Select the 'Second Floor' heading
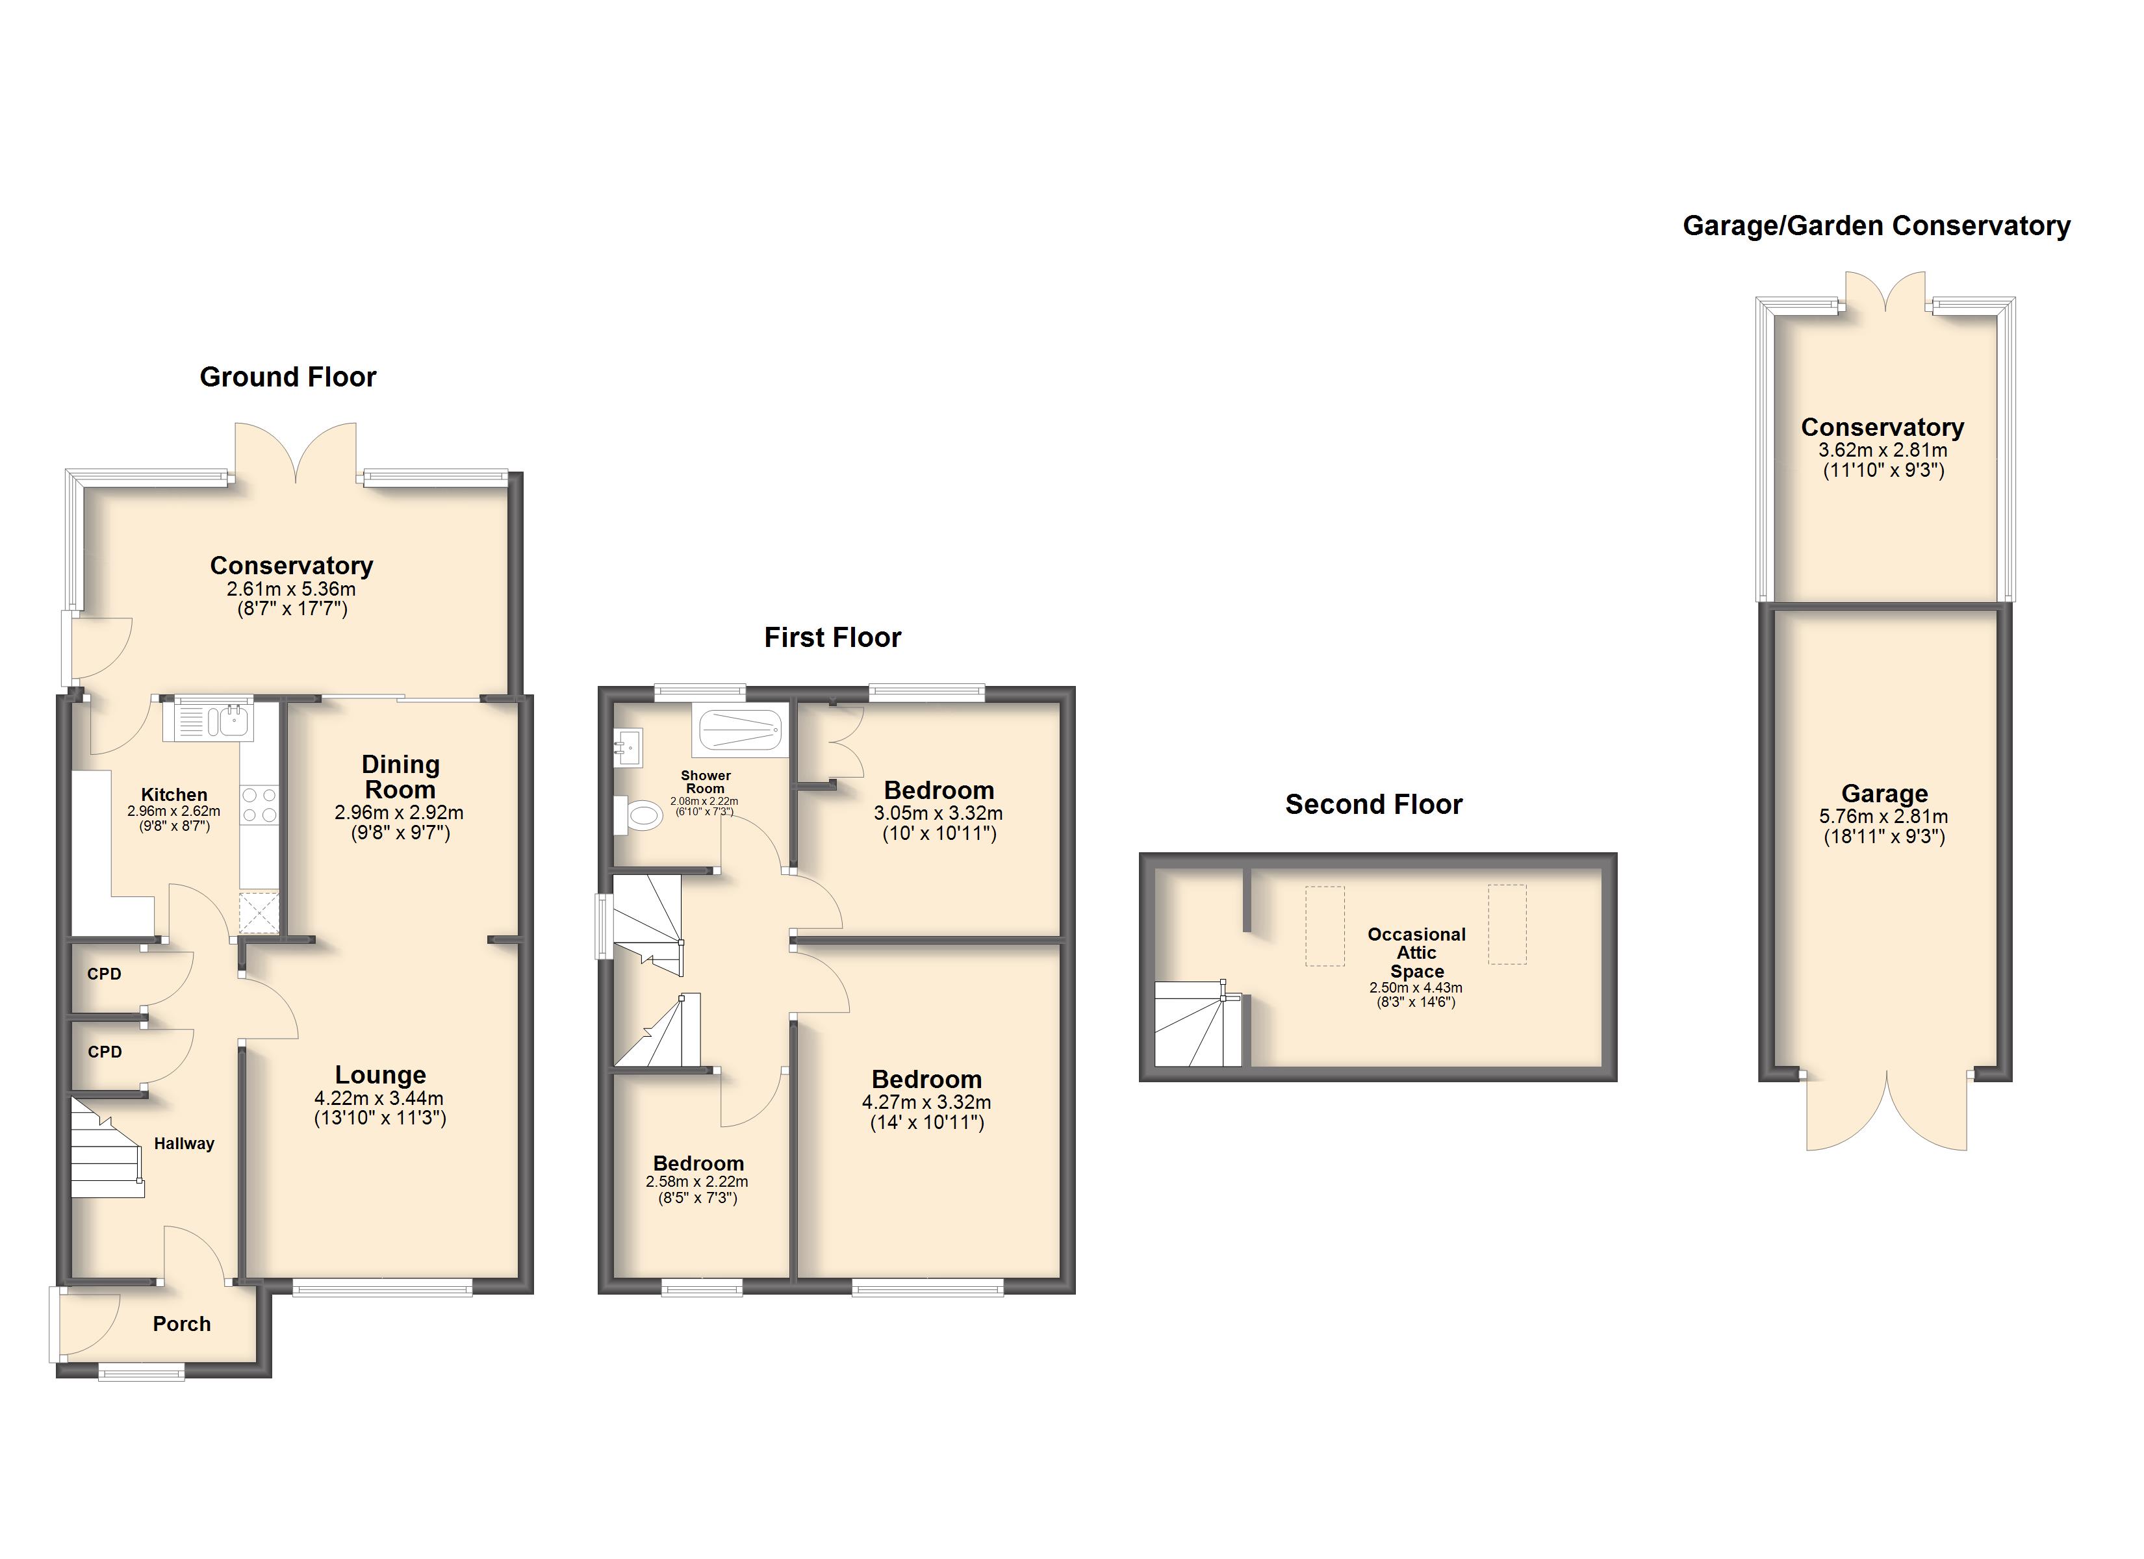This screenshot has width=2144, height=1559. pos(1373,805)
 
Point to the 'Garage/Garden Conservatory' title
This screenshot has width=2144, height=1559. pos(1876,226)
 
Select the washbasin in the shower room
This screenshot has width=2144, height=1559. pos(628,748)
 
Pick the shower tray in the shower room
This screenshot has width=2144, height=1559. pos(740,731)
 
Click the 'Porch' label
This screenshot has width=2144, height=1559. pos(181,1324)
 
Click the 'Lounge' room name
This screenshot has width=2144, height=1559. pos(380,1075)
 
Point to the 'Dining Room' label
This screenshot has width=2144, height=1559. pos(400,776)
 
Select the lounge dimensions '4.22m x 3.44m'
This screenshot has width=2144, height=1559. pos(379,1098)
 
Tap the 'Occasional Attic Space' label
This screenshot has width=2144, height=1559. pos(1416,952)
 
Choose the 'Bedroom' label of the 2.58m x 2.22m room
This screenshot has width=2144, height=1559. pos(698,1164)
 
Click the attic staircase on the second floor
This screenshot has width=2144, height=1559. pos(1199,1024)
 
